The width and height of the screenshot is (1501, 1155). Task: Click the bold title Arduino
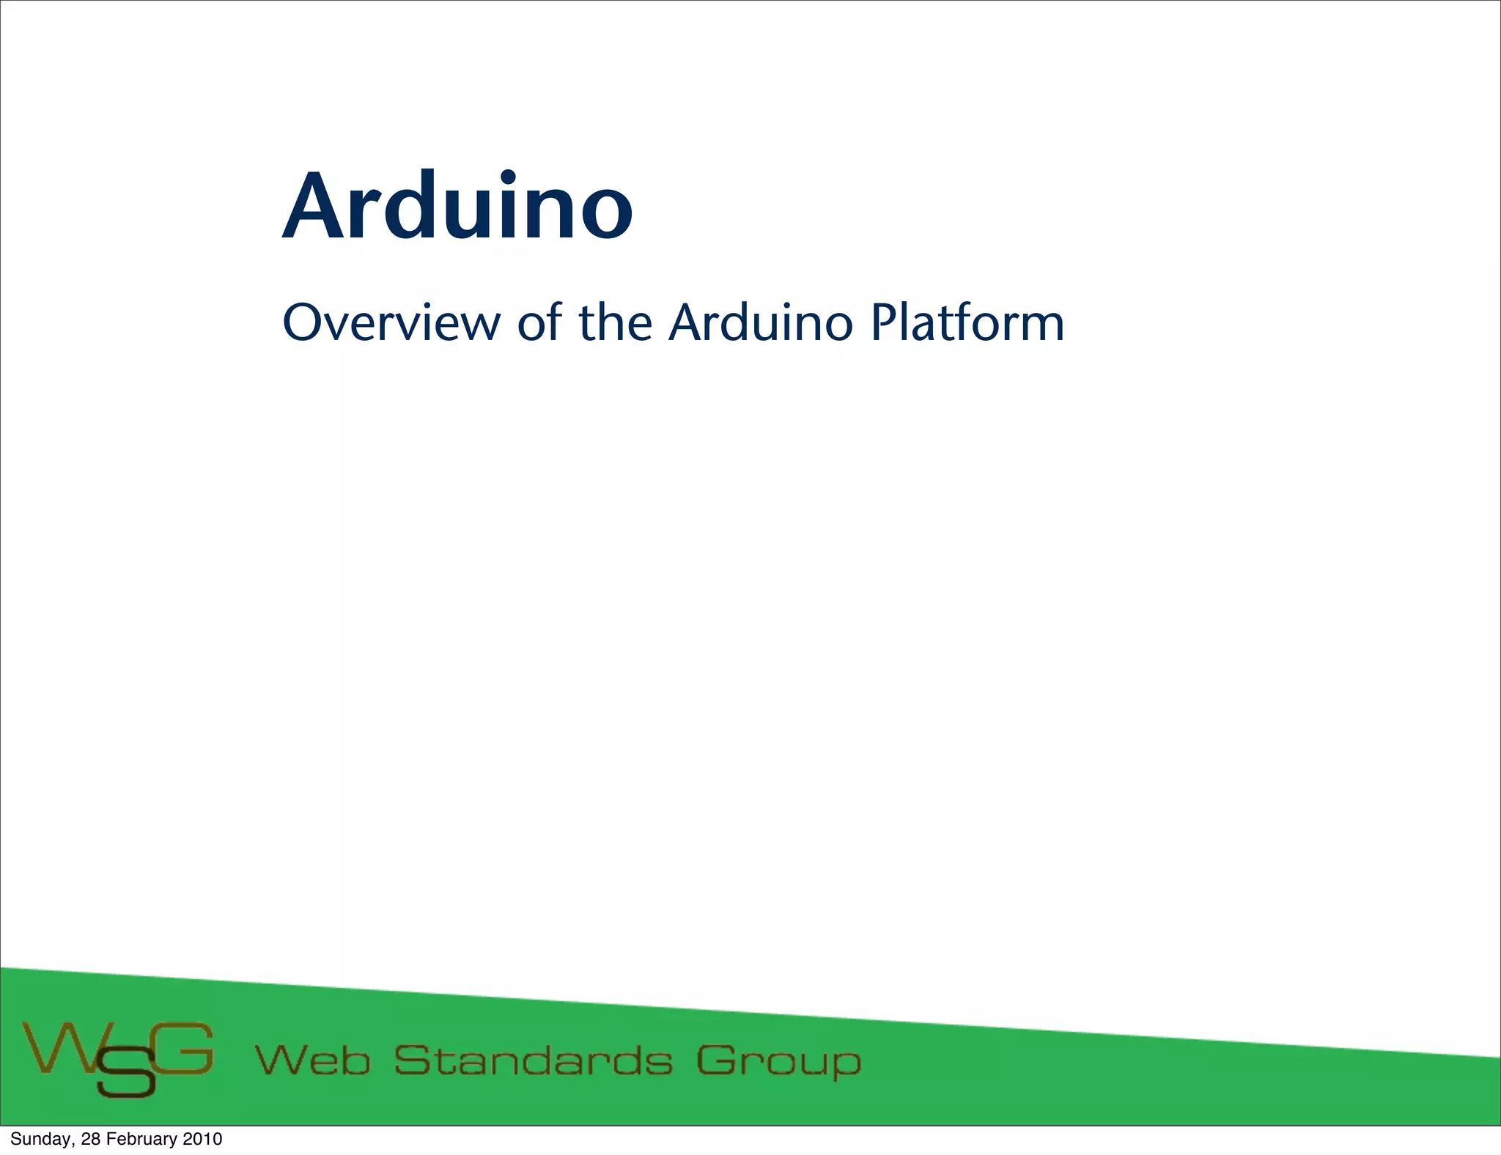(x=457, y=207)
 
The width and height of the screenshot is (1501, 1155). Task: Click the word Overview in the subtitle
(x=391, y=322)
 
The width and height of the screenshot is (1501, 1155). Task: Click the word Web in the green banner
(x=312, y=1060)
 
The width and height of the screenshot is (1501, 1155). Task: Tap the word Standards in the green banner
(x=533, y=1060)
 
